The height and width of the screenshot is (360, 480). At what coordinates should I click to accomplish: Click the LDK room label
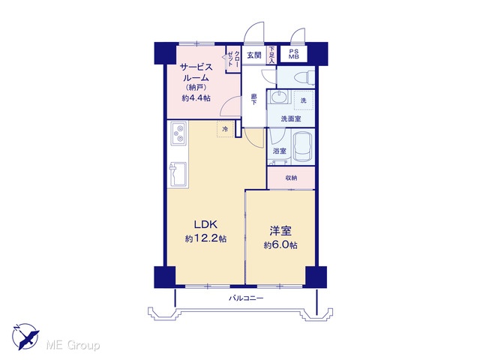coord(205,225)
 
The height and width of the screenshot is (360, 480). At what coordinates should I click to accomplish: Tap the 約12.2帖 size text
coord(205,238)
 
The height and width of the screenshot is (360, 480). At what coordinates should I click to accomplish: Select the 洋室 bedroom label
coord(280,231)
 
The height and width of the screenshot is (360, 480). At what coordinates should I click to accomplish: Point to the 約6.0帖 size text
coord(280,245)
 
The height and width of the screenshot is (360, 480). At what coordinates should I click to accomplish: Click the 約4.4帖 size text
coord(196,98)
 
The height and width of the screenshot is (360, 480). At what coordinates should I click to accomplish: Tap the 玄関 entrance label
coord(254,55)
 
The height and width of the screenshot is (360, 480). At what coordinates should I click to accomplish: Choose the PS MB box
coord(294,55)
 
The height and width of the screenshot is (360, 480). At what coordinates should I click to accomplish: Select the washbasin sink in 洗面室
coord(278,97)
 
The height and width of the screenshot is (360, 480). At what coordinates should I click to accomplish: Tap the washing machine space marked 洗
coord(304,100)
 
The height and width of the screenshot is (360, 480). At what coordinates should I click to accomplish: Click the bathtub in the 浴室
coord(303,147)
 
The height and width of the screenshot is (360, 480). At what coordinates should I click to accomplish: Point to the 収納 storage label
coord(291,178)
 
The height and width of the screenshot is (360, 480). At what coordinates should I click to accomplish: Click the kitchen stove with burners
coord(178,133)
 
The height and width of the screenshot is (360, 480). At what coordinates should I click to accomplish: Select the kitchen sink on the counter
coord(178,175)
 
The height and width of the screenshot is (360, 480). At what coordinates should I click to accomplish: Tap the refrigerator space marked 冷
coord(225,129)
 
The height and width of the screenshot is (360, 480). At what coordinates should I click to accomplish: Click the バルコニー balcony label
coord(246,298)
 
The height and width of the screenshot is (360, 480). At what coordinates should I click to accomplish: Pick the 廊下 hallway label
coord(253,99)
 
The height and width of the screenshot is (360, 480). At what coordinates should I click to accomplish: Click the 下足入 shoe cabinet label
coord(271,55)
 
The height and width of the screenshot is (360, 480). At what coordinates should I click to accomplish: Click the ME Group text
coord(73,346)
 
